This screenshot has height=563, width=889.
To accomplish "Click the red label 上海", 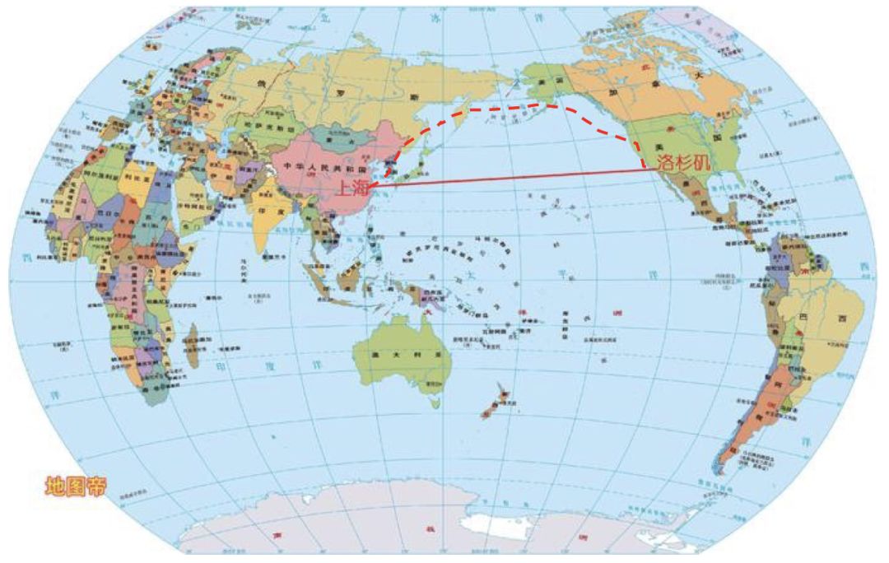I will (353, 188).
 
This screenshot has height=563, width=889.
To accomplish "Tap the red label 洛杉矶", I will (682, 162).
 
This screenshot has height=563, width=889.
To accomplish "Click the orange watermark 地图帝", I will (76, 486).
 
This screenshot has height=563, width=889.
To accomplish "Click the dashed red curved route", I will (510, 107).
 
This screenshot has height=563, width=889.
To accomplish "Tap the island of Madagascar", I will (192, 346).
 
